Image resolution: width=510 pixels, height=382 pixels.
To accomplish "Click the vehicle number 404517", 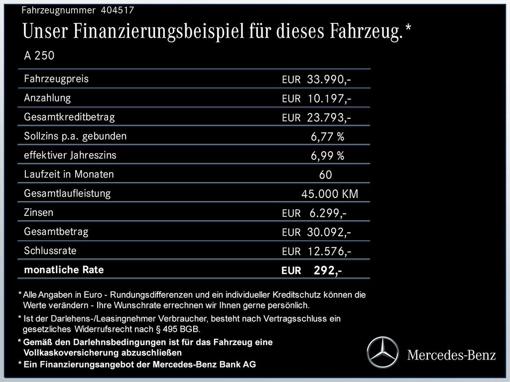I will tap(117, 10).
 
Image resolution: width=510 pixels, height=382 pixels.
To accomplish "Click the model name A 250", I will tap(39, 56).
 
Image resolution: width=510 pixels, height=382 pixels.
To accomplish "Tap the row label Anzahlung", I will tap(47, 98).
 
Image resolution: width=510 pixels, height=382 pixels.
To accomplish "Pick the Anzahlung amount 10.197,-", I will tap(329, 98).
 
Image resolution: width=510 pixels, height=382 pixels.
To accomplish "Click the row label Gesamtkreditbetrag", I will tap(69, 117).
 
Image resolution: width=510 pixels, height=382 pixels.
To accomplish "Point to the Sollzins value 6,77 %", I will tap(327, 137).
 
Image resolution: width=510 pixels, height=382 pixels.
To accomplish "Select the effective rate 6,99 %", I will tap(327, 156).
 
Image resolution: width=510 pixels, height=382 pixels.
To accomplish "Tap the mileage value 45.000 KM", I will tap(329, 194).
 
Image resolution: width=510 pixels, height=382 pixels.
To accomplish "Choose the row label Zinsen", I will tap(38, 212).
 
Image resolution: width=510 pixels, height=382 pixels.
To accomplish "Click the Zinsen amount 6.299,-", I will tap(328, 213).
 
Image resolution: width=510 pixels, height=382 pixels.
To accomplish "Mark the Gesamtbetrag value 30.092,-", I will tap(329, 232).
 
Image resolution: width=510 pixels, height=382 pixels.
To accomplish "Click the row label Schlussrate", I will tap(50, 251).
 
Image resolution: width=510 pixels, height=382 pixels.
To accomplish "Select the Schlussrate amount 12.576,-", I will tap(329, 252).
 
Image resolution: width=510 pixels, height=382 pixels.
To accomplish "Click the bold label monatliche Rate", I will tap(64, 270).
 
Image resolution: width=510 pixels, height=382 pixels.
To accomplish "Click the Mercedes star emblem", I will tap(383, 352).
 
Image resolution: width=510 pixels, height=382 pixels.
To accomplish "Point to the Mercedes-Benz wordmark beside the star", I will tap(451, 355).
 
